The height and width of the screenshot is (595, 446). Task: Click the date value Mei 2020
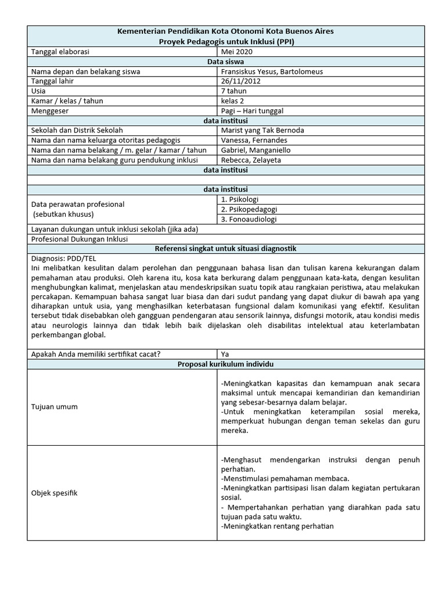[236, 51]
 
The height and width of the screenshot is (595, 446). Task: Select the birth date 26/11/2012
[241, 81]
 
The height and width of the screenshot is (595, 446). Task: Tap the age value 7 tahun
[233, 91]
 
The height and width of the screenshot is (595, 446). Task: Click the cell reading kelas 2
[233, 101]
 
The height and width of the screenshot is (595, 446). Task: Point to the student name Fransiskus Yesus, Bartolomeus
[272, 71]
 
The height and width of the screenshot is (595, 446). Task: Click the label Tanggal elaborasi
[60, 51]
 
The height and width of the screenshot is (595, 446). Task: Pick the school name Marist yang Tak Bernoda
[262, 130]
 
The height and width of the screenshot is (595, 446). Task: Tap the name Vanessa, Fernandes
[254, 140]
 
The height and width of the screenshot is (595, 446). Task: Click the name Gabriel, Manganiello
[256, 150]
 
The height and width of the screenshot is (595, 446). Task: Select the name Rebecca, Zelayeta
[250, 160]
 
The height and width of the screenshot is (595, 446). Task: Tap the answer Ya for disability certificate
[225, 353]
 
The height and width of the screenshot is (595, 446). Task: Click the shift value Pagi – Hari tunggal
[252, 110]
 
